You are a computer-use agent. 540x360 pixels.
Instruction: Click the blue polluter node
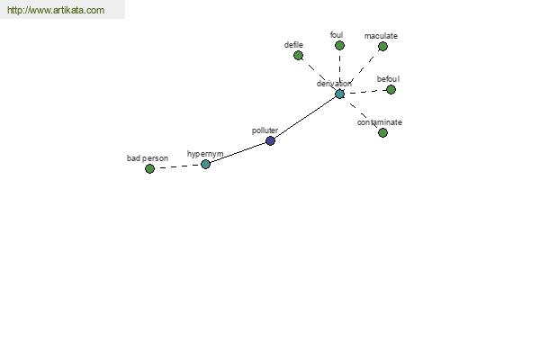270,140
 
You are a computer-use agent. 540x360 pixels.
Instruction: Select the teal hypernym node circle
205,165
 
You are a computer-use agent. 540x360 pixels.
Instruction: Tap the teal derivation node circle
340,94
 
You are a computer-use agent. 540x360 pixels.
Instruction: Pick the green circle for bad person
149,169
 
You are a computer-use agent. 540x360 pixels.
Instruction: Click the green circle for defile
299,55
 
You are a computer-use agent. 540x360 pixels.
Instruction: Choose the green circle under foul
339,46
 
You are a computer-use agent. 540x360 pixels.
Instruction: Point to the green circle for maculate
383,46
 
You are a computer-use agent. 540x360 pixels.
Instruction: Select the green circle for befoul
391,90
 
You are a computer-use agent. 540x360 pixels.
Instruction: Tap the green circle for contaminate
383,132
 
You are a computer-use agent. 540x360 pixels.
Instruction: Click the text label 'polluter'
265,130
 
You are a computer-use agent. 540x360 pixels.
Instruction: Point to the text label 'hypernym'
205,154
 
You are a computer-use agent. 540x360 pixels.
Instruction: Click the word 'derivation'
334,84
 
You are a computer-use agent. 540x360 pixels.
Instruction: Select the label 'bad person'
148,158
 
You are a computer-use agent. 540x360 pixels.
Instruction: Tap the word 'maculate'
381,36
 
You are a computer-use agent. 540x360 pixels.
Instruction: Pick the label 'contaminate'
380,122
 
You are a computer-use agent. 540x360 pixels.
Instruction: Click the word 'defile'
293,45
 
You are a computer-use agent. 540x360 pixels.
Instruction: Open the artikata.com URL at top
56,10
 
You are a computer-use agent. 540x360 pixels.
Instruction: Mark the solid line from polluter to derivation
304,116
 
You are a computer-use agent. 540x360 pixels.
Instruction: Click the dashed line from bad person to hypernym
177,166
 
